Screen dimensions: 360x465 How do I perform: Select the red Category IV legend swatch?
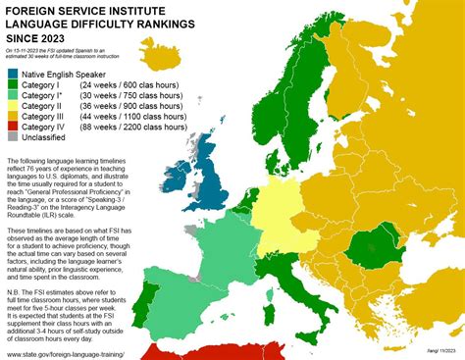pyautogui.click(x=12, y=127)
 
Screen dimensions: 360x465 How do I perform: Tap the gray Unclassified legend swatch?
pyautogui.click(x=12, y=137)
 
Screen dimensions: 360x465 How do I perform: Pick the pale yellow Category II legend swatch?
pyautogui.click(x=12, y=105)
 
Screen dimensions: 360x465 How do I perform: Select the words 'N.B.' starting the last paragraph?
pyautogui.click(x=15, y=271)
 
